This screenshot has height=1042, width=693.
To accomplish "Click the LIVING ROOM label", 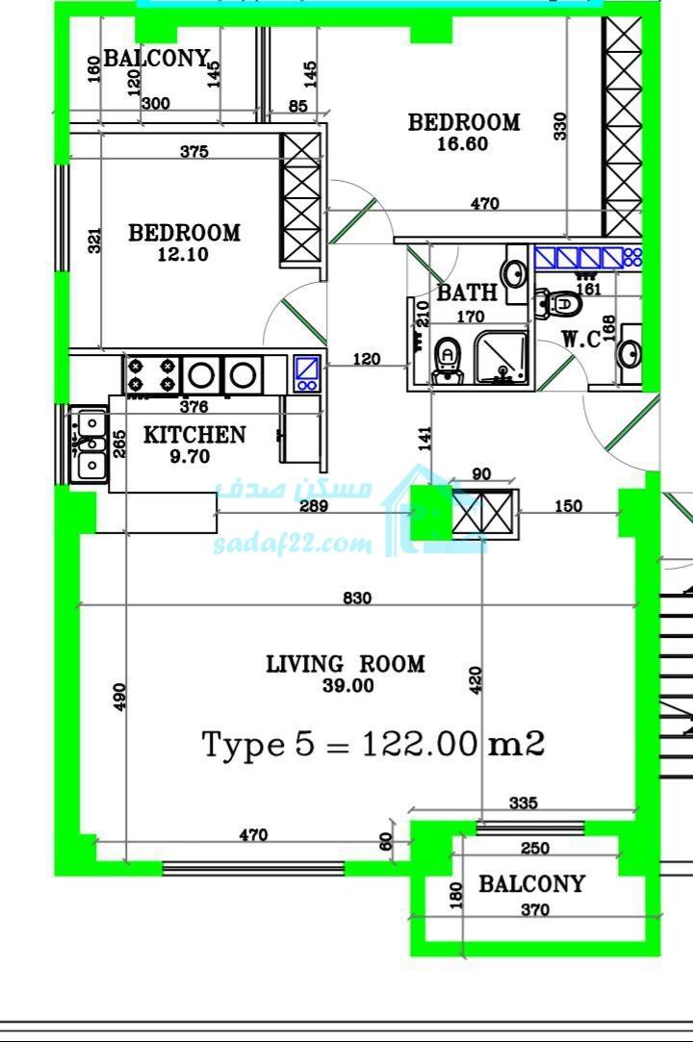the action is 346,664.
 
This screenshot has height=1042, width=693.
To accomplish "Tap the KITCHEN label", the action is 194,435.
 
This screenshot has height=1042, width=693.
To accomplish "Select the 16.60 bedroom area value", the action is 462,143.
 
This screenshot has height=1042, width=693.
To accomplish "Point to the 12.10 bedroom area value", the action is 183,254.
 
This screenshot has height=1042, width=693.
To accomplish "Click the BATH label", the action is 467,292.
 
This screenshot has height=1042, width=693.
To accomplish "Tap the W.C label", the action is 581,339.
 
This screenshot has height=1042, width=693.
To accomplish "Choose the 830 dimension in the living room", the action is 357,598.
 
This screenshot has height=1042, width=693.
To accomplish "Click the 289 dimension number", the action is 314,506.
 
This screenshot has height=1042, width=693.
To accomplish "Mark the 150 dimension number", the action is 568,506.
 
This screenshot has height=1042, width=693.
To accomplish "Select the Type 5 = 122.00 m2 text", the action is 373,745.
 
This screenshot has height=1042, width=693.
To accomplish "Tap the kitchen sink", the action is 88,443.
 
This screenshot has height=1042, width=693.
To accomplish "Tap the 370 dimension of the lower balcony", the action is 535,910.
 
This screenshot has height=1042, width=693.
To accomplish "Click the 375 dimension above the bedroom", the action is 194,151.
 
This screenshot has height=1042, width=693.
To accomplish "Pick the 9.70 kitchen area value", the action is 190,457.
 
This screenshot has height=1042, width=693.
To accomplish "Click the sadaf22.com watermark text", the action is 293,545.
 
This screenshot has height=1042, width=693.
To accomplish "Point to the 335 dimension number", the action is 524,802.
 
